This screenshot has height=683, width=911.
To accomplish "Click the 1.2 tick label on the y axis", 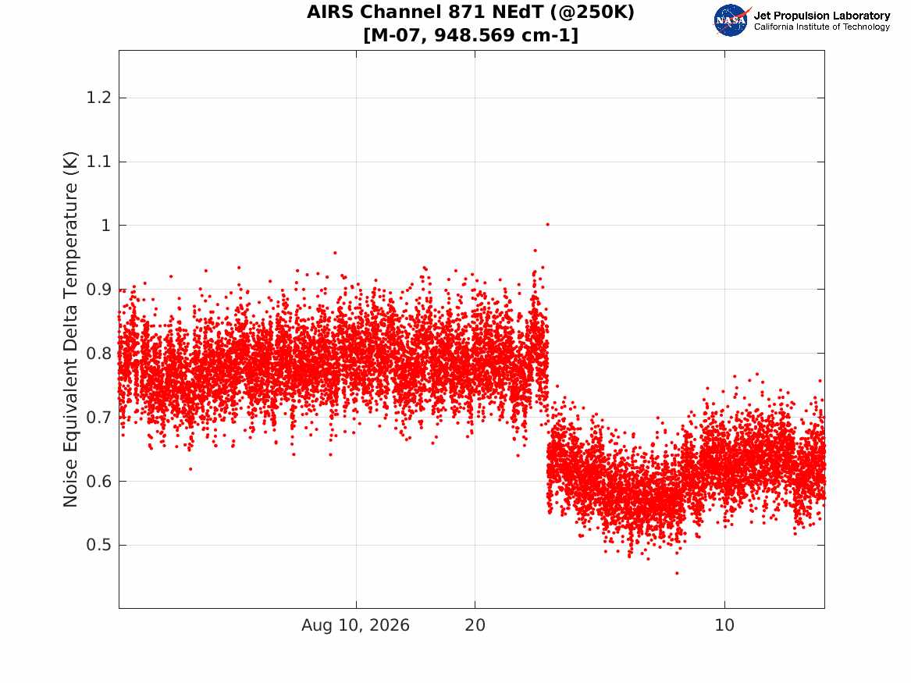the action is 99,98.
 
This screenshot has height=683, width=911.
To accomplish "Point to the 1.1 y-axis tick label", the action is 99,162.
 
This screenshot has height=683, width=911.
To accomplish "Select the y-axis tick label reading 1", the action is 105,226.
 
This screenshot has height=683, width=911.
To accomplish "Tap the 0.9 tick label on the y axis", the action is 99,290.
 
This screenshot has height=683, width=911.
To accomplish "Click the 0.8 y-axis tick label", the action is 99,353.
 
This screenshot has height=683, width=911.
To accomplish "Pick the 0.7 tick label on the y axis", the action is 99,417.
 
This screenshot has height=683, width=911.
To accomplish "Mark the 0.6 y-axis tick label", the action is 99,481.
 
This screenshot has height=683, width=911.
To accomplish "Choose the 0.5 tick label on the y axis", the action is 99,545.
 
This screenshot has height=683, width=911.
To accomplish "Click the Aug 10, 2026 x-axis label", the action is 355,625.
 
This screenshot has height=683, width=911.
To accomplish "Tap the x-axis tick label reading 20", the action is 475,625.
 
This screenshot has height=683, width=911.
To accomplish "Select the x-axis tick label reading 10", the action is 724,625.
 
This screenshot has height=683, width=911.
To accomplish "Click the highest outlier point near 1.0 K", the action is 547,224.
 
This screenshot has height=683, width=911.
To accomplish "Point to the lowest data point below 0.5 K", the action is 676,573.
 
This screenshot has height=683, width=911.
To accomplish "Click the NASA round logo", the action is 731,21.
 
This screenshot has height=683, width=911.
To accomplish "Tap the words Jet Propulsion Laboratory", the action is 822,16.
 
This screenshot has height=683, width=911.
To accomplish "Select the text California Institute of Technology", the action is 822,27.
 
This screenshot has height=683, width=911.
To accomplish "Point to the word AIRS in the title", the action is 329,12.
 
